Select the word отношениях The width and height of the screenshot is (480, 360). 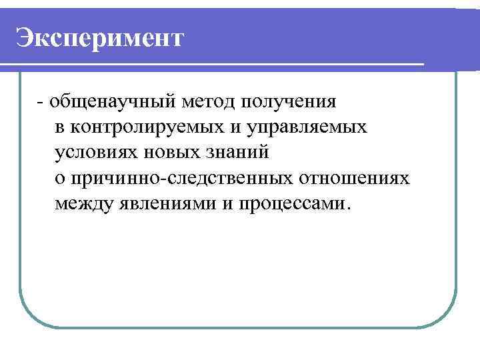[354, 179]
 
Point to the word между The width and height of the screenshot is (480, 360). [85, 203]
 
